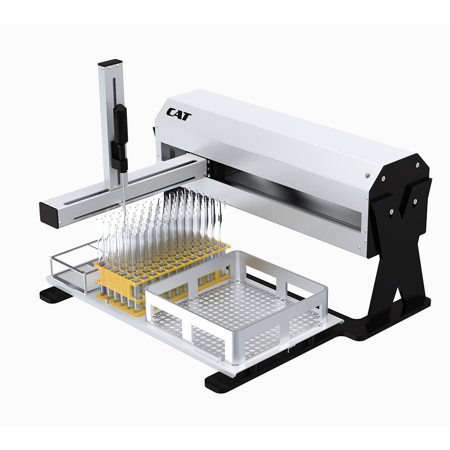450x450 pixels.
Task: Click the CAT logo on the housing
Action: [179, 114]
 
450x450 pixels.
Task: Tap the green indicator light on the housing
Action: [367, 175]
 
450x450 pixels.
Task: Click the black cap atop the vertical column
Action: [110, 62]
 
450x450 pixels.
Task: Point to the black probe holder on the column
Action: [120, 137]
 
